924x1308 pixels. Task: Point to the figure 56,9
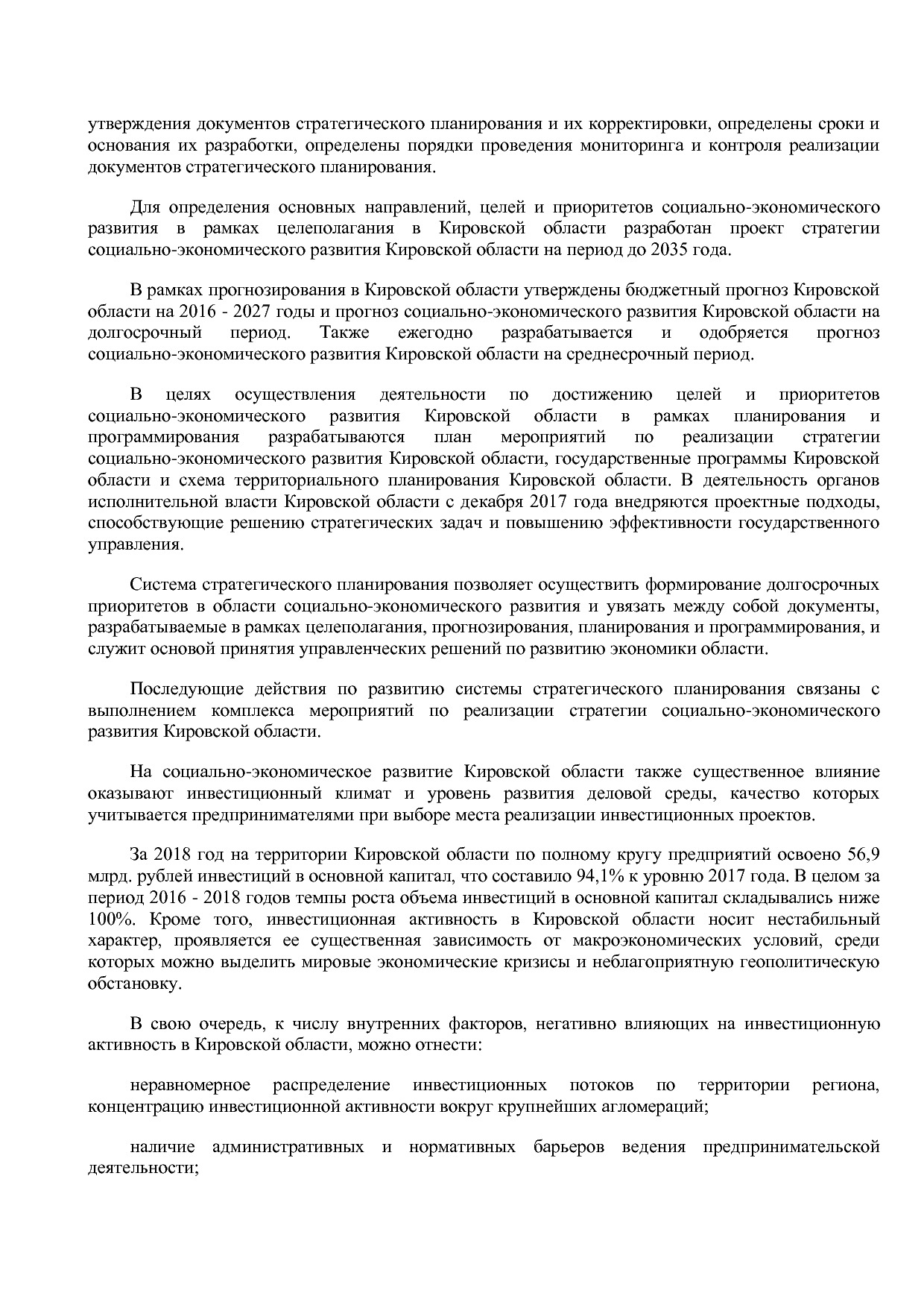864,854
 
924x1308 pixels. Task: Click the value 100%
107,919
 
